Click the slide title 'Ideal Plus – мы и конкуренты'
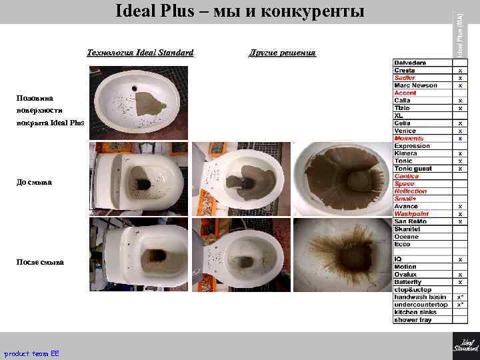240,12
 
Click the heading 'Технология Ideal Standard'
140,53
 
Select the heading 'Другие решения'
282,53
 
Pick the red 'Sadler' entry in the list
405,78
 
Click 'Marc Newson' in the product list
415,85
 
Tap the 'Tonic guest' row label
413,169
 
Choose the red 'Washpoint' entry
411,214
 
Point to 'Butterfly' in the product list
407,282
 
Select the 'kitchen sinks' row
415,312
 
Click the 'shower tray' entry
413,320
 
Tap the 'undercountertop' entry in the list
420,305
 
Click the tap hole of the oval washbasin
137,87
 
